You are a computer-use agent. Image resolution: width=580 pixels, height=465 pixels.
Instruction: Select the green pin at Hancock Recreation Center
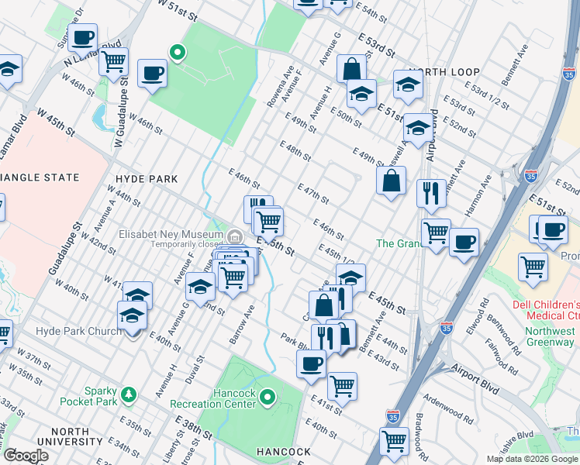click(268, 398)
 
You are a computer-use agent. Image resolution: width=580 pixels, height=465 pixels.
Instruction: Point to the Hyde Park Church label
click(74, 332)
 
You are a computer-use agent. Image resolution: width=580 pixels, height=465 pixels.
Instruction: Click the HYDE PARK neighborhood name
click(147, 179)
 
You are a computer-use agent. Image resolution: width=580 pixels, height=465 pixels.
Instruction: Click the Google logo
click(27, 455)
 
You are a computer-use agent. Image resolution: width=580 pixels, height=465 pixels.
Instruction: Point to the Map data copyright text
click(532, 459)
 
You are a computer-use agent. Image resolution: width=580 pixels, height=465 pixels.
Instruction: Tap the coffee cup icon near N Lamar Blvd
click(82, 36)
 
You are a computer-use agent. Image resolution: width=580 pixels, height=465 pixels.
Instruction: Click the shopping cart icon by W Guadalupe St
click(113, 60)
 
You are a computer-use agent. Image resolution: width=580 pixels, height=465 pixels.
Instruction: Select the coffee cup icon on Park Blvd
click(311, 363)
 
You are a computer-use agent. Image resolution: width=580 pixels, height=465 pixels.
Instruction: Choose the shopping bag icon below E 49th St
click(392, 181)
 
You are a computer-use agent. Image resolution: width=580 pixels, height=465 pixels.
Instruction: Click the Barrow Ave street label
click(242, 323)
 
